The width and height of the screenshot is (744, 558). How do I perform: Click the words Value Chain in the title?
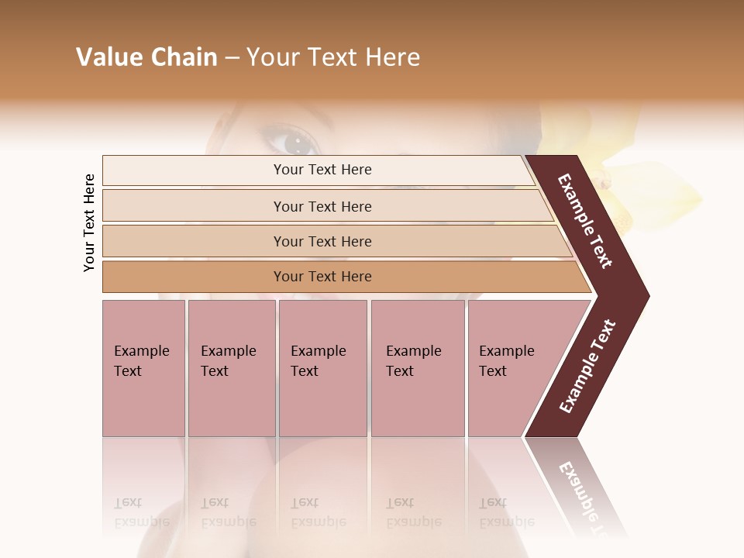[x=146, y=57]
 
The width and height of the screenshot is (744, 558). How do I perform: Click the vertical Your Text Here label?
[x=89, y=222]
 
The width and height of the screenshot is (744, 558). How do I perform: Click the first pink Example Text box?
[x=143, y=368]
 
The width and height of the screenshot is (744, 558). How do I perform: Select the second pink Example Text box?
[x=232, y=368]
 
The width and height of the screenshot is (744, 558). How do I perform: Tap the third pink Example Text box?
[x=322, y=368]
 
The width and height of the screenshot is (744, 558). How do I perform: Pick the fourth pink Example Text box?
[x=418, y=368]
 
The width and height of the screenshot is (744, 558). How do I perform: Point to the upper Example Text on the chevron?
[x=585, y=221]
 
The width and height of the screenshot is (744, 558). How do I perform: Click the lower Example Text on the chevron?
[x=587, y=366]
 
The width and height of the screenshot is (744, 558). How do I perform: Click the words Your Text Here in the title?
[x=333, y=57]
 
